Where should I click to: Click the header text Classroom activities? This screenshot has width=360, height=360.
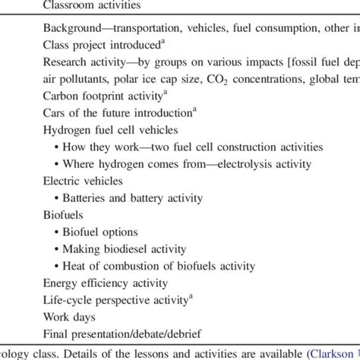[91, 6]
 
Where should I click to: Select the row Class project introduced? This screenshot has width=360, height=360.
[103, 46]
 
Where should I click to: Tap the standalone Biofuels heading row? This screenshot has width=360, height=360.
[64, 215]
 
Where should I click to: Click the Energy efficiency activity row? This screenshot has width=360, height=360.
[105, 283]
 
